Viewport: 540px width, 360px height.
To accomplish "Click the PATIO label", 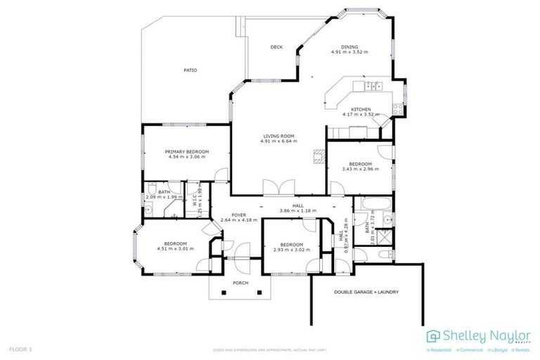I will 190,70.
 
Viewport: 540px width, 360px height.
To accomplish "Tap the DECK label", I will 276,47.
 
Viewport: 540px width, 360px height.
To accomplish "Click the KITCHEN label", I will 361,110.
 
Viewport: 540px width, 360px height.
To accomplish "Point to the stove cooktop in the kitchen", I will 397,109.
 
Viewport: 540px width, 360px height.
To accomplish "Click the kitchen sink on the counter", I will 373,86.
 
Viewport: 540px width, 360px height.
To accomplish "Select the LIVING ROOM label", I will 278,136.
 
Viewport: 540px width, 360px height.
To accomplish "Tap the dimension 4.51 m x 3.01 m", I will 171,248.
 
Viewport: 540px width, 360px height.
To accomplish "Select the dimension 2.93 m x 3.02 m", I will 291,250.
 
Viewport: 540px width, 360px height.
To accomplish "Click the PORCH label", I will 240,283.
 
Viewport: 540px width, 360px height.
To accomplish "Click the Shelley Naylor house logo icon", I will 434,335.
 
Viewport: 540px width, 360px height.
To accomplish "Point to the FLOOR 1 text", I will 20,349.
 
